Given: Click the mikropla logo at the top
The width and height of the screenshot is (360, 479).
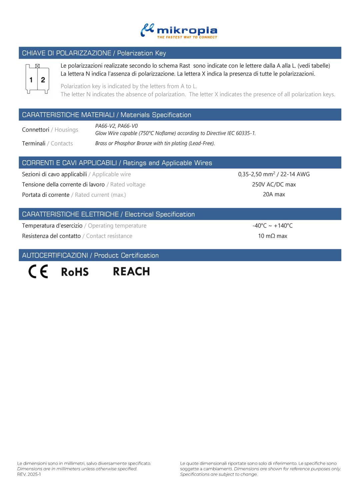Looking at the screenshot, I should (179, 30).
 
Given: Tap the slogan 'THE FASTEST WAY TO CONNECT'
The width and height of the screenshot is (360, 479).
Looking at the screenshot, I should (187, 37).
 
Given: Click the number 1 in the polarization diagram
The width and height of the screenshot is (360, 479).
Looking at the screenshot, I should (31, 80).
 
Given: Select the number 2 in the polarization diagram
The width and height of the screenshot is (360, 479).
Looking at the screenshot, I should (43, 80).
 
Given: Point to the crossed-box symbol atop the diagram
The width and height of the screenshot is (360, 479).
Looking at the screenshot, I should (37, 66).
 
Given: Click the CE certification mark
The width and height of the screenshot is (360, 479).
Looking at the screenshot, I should (38, 271).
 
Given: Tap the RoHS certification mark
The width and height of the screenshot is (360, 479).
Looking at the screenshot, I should (75, 272).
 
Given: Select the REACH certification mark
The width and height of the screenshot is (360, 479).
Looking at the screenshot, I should (131, 271).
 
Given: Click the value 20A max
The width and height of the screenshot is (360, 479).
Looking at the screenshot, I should (274, 195).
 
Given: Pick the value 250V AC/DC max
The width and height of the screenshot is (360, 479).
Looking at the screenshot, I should (274, 185).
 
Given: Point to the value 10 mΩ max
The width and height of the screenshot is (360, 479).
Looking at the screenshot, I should (272, 236).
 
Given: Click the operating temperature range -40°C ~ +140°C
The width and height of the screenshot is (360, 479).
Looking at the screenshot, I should (272, 226).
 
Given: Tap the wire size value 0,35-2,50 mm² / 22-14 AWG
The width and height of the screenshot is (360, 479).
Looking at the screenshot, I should (274, 174).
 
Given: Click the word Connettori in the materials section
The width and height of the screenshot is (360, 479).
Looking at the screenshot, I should (35, 130).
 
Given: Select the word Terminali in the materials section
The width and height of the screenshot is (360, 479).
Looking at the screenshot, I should (34, 144).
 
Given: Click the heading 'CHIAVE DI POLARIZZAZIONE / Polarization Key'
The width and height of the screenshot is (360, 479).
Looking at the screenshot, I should (94, 53).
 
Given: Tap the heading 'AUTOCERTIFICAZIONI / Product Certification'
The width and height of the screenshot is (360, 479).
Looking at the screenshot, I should (90, 255).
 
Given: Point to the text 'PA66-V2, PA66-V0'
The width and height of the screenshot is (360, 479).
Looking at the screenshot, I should (116, 126).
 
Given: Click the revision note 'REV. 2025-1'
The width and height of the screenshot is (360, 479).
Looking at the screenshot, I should (29, 474).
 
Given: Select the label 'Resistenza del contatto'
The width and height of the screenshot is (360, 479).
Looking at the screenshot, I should (51, 236).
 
